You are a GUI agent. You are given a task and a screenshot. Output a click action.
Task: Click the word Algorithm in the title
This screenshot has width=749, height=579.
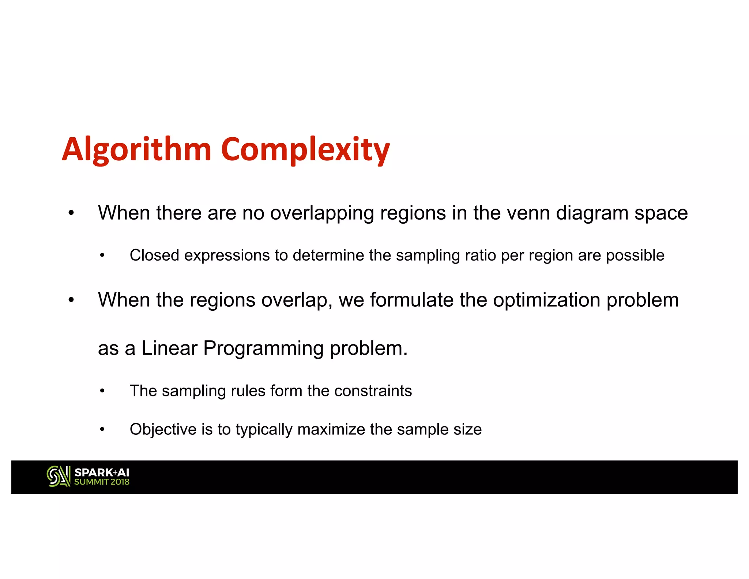tap(137, 149)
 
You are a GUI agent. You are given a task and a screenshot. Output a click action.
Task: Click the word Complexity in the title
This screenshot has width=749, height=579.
tap(305, 149)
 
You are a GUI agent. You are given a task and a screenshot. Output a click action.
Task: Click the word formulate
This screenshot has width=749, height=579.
tap(412, 300)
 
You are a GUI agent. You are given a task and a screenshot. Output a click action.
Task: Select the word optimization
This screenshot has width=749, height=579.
tap(547, 300)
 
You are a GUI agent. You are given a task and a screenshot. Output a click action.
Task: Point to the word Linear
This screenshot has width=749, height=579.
tap(169, 348)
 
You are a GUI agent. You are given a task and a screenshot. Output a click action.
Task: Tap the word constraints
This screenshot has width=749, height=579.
tap(373, 391)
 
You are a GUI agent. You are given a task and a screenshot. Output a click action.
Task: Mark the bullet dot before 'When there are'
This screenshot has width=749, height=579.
tap(71, 213)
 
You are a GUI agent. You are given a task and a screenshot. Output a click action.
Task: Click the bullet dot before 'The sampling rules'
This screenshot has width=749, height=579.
tap(103, 391)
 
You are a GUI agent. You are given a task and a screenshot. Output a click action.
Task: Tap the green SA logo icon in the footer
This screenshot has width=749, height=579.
tap(58, 477)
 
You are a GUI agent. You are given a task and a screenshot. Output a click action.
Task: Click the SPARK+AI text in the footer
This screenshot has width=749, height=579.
tap(102, 472)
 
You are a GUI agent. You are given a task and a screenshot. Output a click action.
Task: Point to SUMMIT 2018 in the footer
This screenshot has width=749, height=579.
tap(102, 482)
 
